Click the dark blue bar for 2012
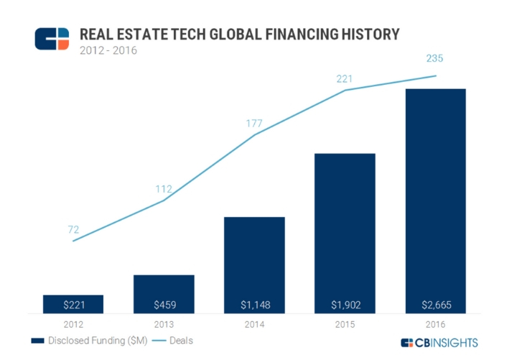point(73,304)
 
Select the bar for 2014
point(254,265)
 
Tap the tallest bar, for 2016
point(435,201)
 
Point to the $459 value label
point(164,305)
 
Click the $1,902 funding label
point(345,305)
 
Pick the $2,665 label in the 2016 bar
point(435,305)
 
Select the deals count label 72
point(73,230)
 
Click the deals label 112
point(164,189)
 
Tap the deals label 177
point(254,124)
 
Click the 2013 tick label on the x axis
point(164,324)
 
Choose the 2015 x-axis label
point(345,324)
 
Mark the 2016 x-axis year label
point(435,324)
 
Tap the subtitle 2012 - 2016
point(108,50)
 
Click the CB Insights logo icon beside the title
point(52,39)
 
